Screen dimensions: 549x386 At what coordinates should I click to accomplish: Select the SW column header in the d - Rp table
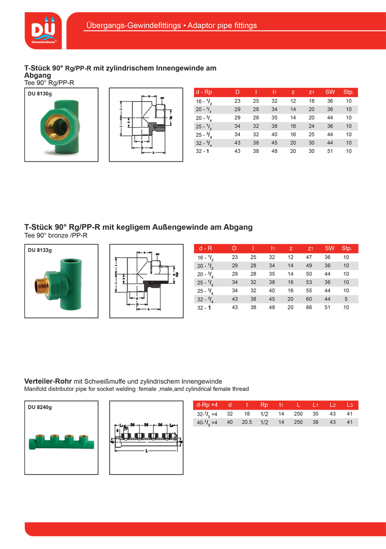click(330, 92)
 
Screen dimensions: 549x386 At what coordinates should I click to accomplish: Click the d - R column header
click(206, 248)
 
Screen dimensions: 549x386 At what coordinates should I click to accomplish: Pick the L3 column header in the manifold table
click(349, 405)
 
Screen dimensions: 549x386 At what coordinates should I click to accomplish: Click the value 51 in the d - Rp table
click(330, 151)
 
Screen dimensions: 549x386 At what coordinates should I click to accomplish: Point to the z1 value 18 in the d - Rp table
click(311, 101)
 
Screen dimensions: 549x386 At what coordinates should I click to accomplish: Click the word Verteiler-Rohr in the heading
click(48, 381)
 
